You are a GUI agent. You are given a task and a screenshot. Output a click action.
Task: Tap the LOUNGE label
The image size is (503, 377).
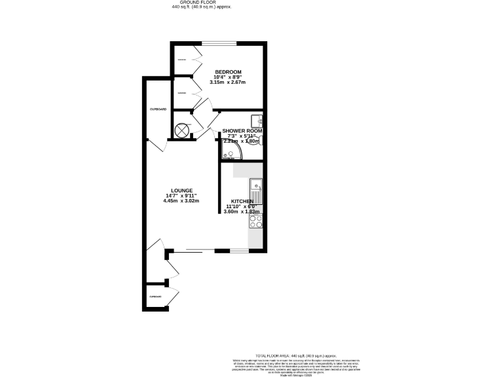click(x=182, y=190)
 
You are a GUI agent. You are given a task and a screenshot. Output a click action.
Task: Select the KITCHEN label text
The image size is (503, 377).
click(x=242, y=202)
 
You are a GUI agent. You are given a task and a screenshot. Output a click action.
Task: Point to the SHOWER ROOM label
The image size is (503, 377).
click(x=242, y=131)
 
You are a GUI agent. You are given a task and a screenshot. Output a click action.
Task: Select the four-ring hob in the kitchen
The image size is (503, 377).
click(x=255, y=223)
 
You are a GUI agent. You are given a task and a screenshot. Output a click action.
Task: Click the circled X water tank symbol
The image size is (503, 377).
click(x=181, y=130)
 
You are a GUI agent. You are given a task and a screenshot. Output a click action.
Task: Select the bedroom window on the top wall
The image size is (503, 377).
click(x=219, y=44)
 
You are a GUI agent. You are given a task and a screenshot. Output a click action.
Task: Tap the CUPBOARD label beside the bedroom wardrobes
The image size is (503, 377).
click(x=158, y=109)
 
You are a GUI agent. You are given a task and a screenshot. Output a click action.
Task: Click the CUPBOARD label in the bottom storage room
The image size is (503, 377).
click(x=155, y=296)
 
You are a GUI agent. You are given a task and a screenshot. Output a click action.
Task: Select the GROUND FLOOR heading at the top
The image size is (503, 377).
click(x=201, y=3)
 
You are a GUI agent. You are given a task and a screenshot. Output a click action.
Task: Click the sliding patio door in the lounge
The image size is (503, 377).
click(x=194, y=249)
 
